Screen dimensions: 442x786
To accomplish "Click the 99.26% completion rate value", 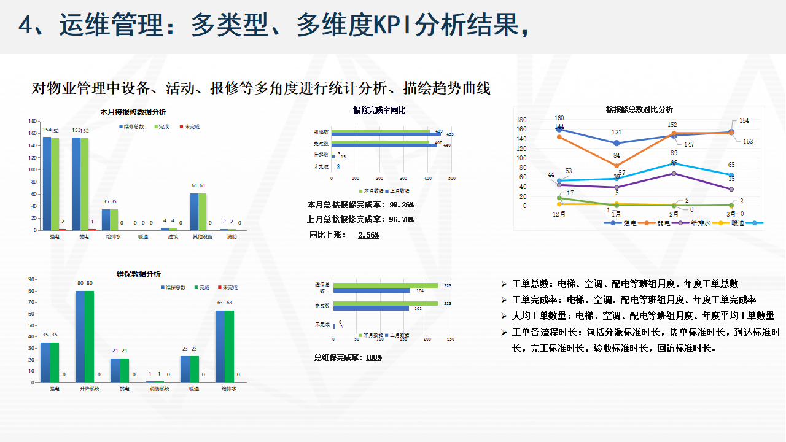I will point(402,205).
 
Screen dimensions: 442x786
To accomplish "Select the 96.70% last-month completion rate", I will point(402,220).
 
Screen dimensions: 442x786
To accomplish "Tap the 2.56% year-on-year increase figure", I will point(368,235).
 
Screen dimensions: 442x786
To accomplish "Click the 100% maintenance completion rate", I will point(374,357).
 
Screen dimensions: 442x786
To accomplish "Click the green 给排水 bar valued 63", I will point(230,346).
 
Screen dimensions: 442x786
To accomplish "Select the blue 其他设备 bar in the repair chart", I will point(194,212).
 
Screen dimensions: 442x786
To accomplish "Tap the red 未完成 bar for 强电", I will point(63,229).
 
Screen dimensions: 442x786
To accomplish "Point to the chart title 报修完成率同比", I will point(379,110).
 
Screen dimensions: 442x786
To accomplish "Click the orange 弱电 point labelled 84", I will point(617,165).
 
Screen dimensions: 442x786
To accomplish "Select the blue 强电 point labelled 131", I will point(617,143).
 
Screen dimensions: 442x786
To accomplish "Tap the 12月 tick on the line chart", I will point(559,214).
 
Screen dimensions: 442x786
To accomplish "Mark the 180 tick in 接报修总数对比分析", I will point(521,120).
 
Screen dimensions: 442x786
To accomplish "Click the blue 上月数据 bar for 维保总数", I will point(372,290).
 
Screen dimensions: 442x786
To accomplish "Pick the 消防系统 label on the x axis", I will point(160,389).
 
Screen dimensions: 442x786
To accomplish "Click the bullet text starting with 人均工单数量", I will point(643,316).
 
